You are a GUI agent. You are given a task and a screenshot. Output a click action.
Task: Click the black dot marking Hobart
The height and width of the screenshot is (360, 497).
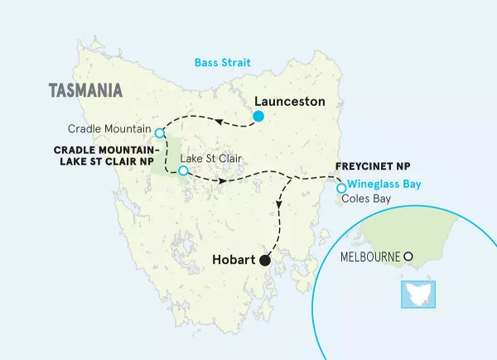(x=265, y=261)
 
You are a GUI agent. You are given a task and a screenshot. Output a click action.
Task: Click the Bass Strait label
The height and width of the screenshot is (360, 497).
(x=222, y=63)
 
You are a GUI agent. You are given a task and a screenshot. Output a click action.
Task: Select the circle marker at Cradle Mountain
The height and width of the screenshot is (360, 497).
(x=160, y=132)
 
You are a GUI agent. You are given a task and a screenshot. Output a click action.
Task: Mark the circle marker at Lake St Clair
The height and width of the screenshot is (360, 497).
(x=183, y=172)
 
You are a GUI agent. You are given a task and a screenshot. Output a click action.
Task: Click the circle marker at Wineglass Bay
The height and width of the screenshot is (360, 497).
(x=341, y=188)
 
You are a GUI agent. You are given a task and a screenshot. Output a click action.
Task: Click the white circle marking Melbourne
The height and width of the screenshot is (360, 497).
(x=408, y=257)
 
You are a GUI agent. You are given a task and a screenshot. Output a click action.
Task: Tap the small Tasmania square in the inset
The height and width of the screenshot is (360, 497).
(x=412, y=292)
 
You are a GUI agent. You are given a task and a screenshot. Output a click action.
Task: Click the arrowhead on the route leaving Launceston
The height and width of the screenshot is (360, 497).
(x=220, y=121)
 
